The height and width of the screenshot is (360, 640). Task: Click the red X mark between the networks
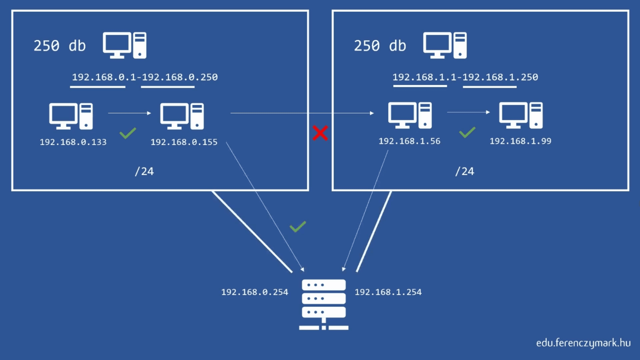tap(320, 133)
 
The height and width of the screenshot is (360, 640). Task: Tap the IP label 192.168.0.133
tap(73, 142)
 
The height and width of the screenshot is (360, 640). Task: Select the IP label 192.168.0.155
tap(184, 142)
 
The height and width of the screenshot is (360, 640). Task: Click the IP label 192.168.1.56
tap(409, 141)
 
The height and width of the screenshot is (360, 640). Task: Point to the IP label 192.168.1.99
tap(520, 141)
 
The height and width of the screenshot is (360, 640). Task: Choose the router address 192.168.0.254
tap(255, 292)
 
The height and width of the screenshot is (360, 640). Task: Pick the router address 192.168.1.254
tap(388, 292)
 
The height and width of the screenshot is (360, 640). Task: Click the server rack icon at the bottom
tap(324, 304)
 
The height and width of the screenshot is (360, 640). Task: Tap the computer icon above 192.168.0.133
tap(71, 116)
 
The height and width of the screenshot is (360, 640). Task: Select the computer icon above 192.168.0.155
tap(182, 116)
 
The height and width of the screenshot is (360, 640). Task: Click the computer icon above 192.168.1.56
tap(410, 115)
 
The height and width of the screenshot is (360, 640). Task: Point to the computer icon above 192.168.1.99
tap(521, 115)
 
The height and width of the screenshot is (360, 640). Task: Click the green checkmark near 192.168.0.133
tap(128, 133)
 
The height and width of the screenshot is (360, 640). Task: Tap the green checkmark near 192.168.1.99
tap(467, 132)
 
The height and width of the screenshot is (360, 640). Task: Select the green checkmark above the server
tap(298, 227)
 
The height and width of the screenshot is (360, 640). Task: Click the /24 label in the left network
tap(144, 171)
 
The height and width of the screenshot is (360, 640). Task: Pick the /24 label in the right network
tap(465, 171)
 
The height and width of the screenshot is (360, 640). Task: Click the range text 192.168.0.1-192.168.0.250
tap(145, 77)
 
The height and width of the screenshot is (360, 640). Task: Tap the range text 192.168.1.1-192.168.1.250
tap(465, 77)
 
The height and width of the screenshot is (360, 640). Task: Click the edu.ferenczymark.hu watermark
tap(583, 343)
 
